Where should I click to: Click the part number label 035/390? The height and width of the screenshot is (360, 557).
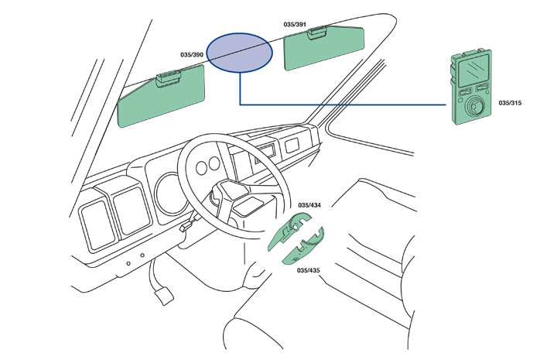(x=191, y=55)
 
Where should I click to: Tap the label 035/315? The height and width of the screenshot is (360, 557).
(x=511, y=101)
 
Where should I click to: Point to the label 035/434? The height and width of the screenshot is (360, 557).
(x=309, y=204)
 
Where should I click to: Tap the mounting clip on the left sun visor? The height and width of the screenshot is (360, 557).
(x=168, y=77)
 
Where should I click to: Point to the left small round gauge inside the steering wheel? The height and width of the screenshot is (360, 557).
(x=202, y=167)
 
